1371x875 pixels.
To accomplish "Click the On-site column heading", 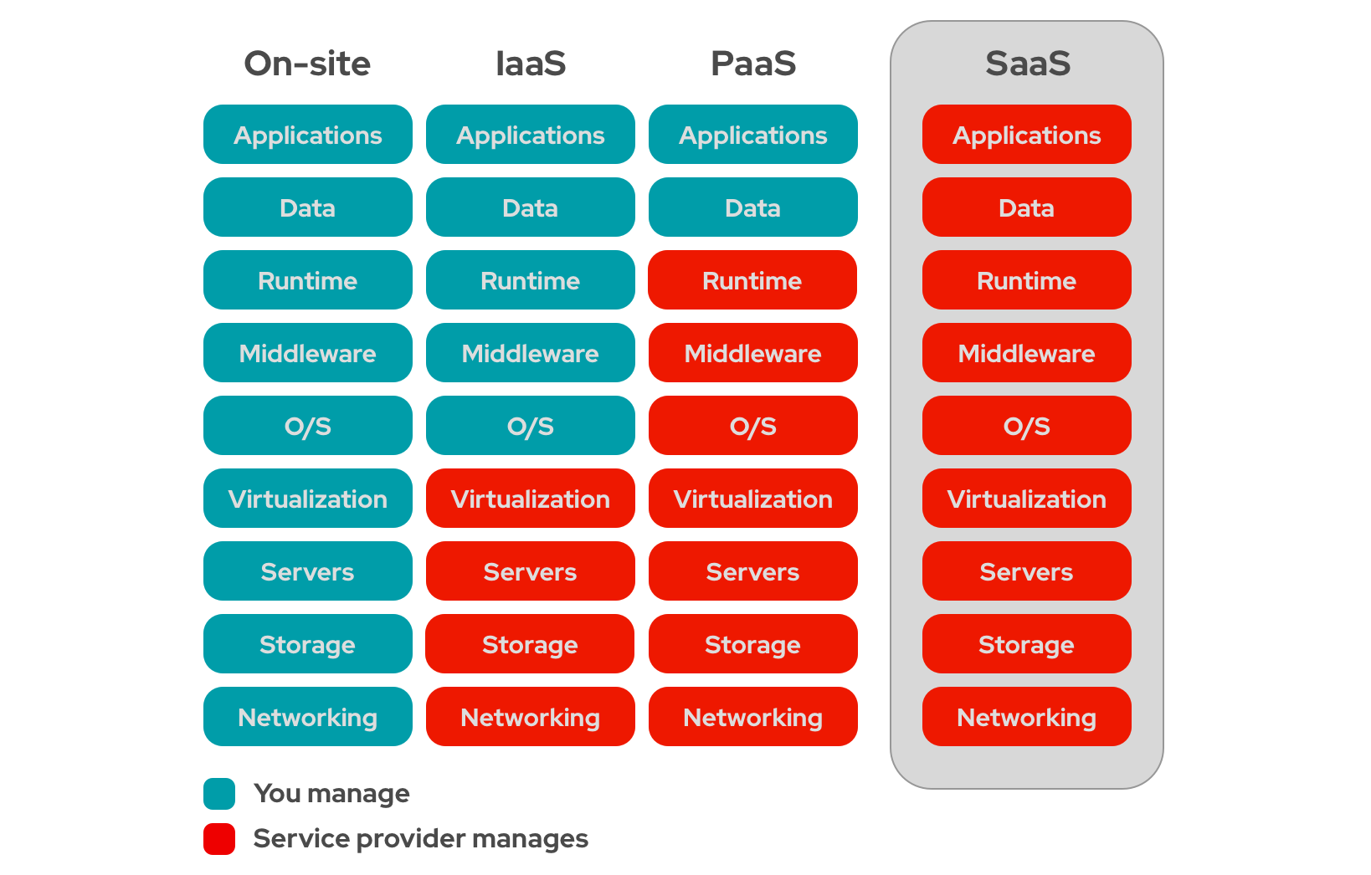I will point(307,64).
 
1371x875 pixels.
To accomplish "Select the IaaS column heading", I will point(531,64).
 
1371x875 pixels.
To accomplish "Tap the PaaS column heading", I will point(753,64).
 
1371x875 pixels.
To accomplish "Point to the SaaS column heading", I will point(1027,64).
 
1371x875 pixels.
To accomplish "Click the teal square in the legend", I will point(219,794).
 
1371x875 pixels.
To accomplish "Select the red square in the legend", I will point(219,839).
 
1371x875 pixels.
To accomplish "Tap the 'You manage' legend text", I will point(331,794).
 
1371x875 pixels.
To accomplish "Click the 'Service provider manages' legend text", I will point(420,839).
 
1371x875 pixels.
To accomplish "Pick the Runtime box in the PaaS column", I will point(752,280).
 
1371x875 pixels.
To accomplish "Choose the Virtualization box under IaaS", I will point(531,499).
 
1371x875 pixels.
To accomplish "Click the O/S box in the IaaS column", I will point(531,426).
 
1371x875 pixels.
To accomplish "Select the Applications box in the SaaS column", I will point(1026,135).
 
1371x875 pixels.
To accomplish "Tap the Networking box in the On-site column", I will point(307,717).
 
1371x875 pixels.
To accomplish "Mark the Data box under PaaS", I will point(752,207).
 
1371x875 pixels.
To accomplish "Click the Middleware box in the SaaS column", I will point(1026,353).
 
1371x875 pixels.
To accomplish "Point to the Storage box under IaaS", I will point(531,644).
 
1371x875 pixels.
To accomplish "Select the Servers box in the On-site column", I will point(307,571).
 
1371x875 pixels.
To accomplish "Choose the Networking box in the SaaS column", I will point(1026,717).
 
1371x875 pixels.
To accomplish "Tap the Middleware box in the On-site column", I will point(307,353).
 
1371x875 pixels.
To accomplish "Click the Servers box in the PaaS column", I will point(752,571).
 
